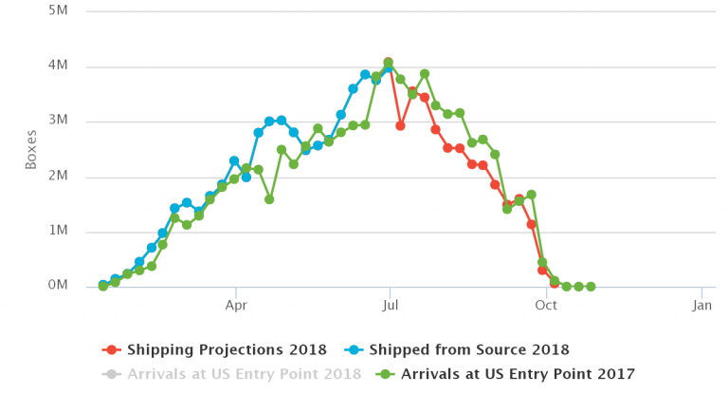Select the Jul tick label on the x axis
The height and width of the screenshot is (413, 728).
pyautogui.click(x=389, y=307)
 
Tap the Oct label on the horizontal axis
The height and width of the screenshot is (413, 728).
pyautogui.click(x=545, y=307)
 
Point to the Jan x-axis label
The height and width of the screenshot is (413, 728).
pyautogui.click(x=701, y=307)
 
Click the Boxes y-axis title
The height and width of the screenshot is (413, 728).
pyautogui.click(x=30, y=149)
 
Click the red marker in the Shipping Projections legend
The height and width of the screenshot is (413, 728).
pyautogui.click(x=113, y=350)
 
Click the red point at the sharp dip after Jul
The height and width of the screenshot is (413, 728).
pyautogui.click(x=401, y=125)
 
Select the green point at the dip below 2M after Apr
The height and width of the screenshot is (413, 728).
pyautogui.click(x=270, y=199)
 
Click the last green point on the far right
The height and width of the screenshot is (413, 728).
pyautogui.click(x=591, y=286)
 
